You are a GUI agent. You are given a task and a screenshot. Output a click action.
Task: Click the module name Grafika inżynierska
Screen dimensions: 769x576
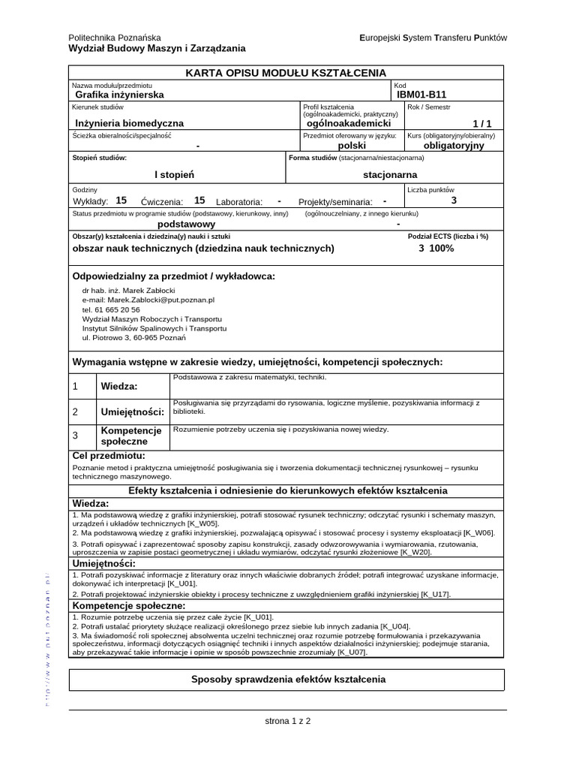118,95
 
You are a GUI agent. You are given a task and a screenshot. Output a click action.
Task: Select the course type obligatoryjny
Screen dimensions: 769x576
454,146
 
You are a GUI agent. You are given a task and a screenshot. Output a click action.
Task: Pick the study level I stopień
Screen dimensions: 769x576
174,174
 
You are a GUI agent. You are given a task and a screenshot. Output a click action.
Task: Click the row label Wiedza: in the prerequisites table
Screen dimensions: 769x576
118,386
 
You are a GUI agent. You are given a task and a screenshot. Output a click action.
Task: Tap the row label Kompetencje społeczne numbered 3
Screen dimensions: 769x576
131,436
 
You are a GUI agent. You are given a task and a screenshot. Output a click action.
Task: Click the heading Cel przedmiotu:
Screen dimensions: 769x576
109,456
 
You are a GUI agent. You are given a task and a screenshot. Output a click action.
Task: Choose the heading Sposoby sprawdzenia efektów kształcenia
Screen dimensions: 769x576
289,680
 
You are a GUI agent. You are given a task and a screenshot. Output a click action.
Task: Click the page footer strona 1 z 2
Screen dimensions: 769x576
288,721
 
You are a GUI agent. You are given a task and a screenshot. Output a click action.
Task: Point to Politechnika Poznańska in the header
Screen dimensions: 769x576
115,38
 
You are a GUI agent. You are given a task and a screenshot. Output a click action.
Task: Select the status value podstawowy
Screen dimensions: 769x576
186,224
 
